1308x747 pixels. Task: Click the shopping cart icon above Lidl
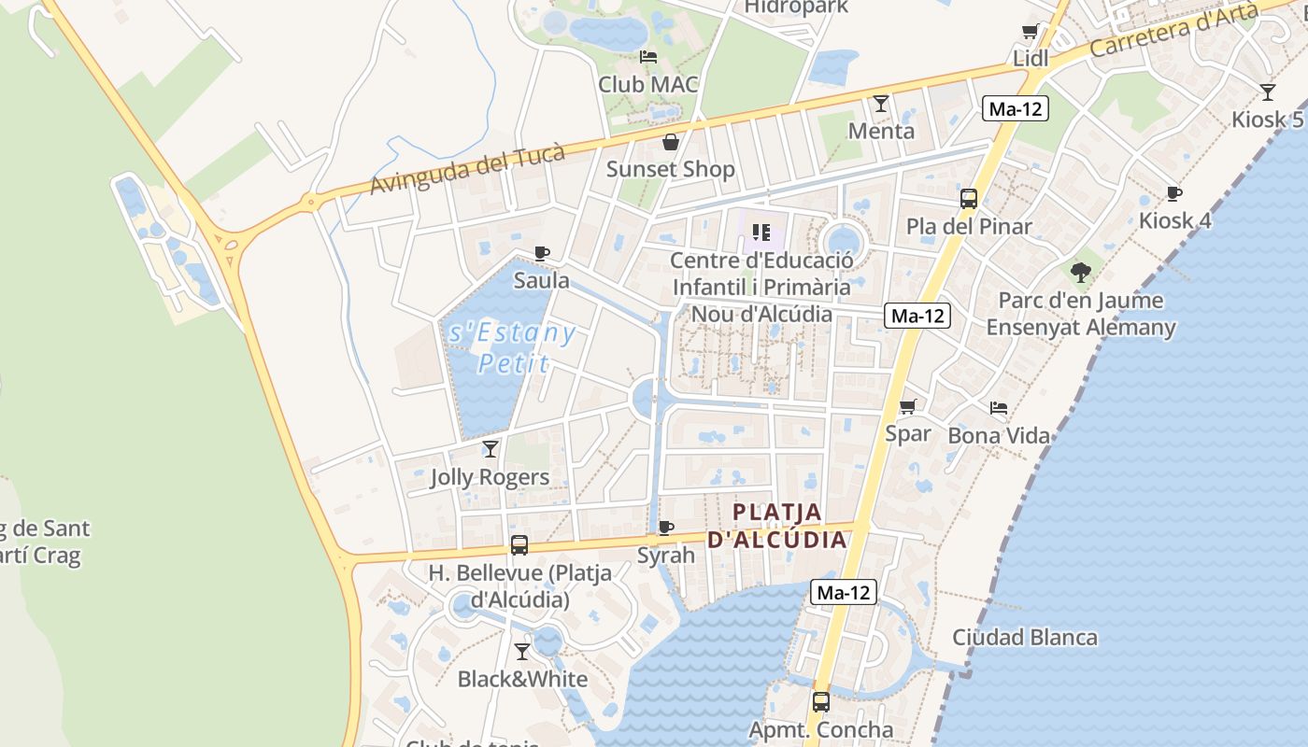pos(1031,32)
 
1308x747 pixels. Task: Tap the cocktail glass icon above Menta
pos(880,103)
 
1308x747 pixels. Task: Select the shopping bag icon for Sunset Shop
pos(670,142)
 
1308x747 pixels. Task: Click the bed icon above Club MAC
pos(648,57)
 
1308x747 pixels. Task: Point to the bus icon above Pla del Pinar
pos(969,198)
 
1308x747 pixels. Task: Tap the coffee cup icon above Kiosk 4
pos(1174,193)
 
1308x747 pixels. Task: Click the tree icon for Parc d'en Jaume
pos(1081,273)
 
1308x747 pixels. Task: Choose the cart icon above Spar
pos(907,406)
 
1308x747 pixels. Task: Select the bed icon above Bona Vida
pos(999,408)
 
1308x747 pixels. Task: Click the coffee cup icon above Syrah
pos(666,528)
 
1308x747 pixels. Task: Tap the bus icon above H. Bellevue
pos(519,545)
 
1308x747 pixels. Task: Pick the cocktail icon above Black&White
pos(522,652)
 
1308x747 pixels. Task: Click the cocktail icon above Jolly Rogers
pos(490,449)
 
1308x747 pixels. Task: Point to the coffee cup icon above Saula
pos(541,253)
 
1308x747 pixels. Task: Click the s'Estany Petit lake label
pos(511,347)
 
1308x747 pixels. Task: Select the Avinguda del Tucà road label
pos(467,169)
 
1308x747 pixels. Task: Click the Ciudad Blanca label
pos(1024,638)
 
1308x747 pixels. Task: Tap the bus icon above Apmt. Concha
pos(820,701)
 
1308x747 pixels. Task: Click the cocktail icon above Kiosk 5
pos(1267,92)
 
